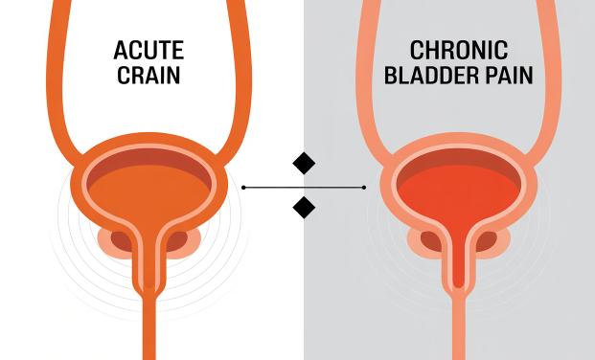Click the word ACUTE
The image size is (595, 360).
pos(149,50)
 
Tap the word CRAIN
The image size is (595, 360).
pos(149,76)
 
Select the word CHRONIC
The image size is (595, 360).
pos(459,50)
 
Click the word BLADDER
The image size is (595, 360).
pos(432,76)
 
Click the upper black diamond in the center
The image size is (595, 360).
pos(304,163)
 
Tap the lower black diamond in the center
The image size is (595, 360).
pos(304,208)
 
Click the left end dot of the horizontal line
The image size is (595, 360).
pos(243,188)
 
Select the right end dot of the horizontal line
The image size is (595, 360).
pos(364,188)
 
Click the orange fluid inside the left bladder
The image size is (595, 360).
pos(149,193)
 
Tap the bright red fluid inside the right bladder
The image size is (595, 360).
pos(459,193)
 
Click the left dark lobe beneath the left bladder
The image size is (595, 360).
pos(121,242)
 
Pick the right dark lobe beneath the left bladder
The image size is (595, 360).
pos(176,242)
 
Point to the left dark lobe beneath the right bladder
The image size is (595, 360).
pos(431,242)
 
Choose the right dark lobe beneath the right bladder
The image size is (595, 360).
pos(486,242)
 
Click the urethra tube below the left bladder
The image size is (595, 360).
pos(149,326)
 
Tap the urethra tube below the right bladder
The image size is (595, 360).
pos(459,326)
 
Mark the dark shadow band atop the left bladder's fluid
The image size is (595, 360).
pos(149,157)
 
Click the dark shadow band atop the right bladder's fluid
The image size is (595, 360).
pos(459,157)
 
